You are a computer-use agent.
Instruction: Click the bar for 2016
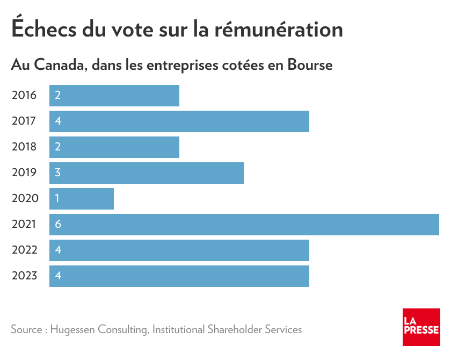(114, 96)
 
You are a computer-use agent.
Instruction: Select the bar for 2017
(179, 121)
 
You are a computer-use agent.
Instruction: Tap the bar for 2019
(147, 173)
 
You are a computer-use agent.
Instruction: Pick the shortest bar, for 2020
(82, 199)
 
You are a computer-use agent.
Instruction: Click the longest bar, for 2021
(244, 225)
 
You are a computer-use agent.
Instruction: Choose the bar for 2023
(179, 276)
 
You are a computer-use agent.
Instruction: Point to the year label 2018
(24, 147)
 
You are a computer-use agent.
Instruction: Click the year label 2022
(24, 250)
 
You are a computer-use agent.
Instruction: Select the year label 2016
(24, 96)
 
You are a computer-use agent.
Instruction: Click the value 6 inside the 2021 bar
(58, 225)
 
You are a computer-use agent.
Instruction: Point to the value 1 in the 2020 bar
(57, 199)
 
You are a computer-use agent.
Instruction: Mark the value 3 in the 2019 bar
(58, 173)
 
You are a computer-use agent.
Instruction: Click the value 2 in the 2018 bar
(58, 147)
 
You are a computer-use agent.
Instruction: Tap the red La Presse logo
(421, 327)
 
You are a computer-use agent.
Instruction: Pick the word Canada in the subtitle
(60, 66)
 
